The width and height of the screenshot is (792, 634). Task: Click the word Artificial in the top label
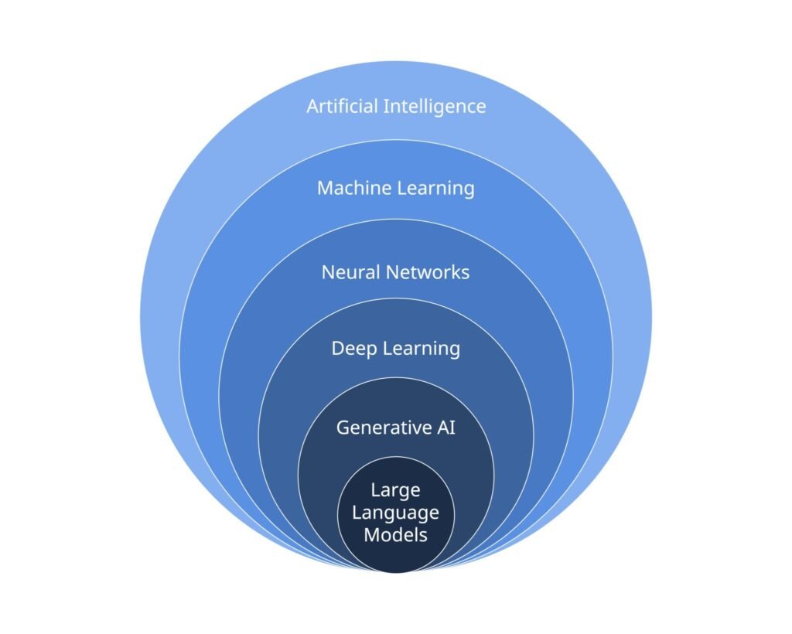[x=343, y=106]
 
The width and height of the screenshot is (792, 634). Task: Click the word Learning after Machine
[x=436, y=189]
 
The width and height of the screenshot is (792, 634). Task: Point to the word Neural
[x=350, y=272]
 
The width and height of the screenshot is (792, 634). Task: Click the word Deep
[x=353, y=349]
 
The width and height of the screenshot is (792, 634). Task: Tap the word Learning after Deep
[x=422, y=349]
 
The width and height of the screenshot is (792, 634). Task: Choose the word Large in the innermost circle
[x=395, y=490]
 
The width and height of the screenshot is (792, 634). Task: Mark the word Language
[x=395, y=512]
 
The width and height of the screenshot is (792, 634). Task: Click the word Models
[x=395, y=534]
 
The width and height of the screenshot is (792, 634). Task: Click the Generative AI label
[x=395, y=427]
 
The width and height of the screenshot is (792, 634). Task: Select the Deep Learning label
[x=395, y=349]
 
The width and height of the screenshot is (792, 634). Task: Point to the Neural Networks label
[x=395, y=272]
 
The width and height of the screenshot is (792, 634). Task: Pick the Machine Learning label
[x=395, y=188]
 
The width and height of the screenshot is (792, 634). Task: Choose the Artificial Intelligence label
[x=396, y=106]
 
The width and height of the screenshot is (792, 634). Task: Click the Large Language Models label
[x=395, y=512]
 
